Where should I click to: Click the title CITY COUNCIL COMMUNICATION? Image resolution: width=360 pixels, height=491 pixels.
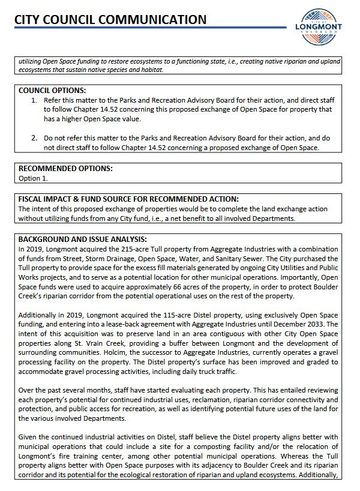click(x=110, y=19)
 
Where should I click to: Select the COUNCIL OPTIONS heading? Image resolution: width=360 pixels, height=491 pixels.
click(x=52, y=90)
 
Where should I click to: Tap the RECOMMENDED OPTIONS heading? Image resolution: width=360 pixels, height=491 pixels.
click(x=65, y=169)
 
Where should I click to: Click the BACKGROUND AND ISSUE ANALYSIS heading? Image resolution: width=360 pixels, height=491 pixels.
click(x=82, y=238)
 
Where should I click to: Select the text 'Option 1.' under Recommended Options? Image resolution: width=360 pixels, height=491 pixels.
click(x=33, y=178)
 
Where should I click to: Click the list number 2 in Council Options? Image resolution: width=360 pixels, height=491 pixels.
click(x=34, y=138)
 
